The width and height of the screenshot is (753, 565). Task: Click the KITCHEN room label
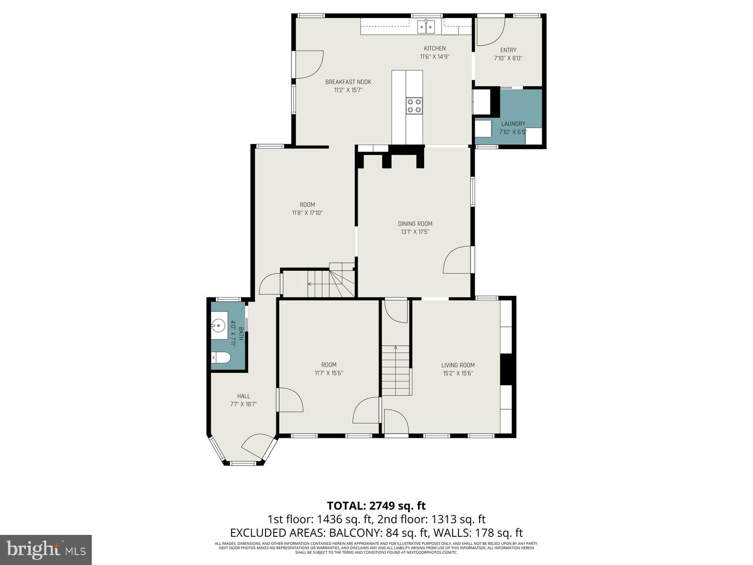click(x=434, y=48)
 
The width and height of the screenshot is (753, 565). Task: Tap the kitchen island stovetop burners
click(x=414, y=105)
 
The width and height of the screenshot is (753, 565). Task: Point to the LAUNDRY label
click(x=513, y=124)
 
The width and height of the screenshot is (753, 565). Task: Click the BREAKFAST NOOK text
click(x=348, y=82)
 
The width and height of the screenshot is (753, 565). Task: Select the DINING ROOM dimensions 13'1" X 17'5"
click(x=415, y=232)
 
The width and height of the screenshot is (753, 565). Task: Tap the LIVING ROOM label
click(x=457, y=365)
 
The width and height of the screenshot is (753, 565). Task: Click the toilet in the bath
click(x=221, y=358)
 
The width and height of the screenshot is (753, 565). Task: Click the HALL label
click(x=243, y=396)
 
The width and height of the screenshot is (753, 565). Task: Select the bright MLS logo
click(x=46, y=549)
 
